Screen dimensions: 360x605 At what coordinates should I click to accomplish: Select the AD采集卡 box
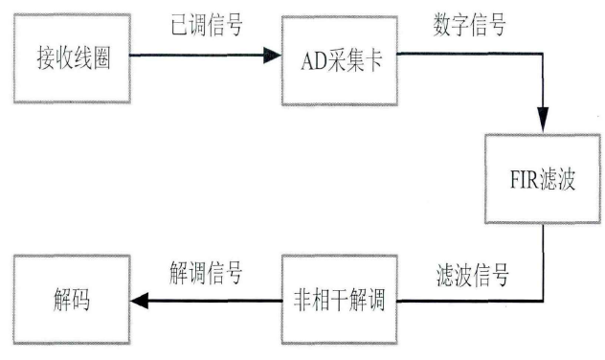(339, 58)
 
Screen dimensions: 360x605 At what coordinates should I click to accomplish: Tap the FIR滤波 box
(539, 179)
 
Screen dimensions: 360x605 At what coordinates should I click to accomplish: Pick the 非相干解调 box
(339, 298)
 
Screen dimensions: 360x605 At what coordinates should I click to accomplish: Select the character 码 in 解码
(82, 298)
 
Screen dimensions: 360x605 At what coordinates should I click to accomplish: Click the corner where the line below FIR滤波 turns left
(544, 301)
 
